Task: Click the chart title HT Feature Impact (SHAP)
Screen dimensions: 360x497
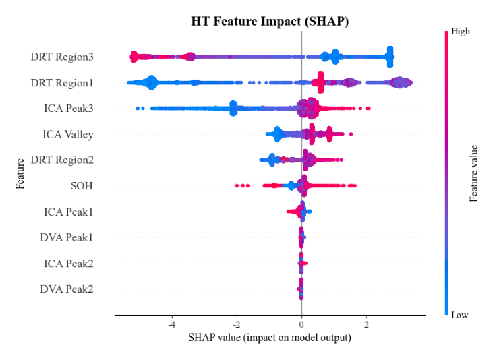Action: pos(270,22)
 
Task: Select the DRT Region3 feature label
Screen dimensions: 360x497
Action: pos(62,57)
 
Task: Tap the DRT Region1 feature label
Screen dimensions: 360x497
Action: pos(62,83)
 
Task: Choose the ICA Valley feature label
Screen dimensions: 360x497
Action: pos(68,134)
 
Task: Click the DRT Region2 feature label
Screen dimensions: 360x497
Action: pos(62,160)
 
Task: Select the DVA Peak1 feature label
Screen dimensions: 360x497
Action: pos(66,237)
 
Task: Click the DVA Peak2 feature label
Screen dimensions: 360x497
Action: pos(66,289)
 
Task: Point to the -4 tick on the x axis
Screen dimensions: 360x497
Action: pos(171,323)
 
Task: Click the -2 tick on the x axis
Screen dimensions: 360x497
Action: pos(236,323)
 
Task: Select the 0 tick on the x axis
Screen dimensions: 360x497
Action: pos(301,323)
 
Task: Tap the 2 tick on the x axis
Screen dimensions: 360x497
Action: pos(366,323)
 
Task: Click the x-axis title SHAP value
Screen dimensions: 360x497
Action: pos(270,337)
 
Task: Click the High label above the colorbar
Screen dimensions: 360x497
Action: pos(461,31)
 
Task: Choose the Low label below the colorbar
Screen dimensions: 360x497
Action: pos(460,315)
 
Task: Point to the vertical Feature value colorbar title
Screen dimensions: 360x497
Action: pos(475,173)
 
